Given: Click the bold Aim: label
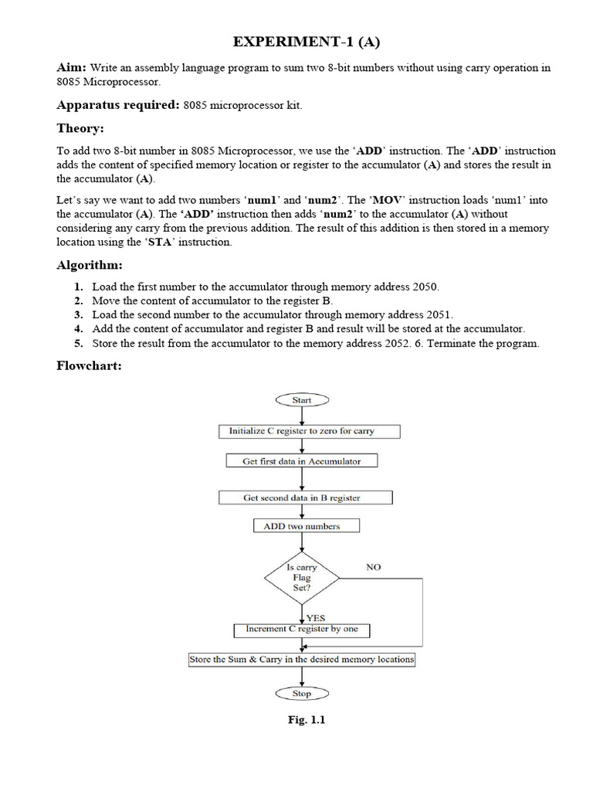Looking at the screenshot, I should (x=73, y=68).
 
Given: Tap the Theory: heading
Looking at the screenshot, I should (x=80, y=128).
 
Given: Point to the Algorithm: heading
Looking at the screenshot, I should (x=90, y=265).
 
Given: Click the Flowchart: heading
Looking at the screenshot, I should (x=90, y=365).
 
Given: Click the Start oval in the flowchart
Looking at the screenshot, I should (x=302, y=400).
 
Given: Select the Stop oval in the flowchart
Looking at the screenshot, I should (x=302, y=694).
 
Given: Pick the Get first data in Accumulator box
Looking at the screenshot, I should (x=302, y=461).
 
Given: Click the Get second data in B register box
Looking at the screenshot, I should (x=302, y=498).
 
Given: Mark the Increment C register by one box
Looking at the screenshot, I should (x=302, y=630).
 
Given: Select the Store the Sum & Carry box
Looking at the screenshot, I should (x=302, y=660).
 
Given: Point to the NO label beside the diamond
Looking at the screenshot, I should (x=373, y=567).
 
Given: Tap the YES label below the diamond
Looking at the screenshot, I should (x=316, y=618).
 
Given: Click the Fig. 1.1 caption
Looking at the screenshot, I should (x=307, y=721).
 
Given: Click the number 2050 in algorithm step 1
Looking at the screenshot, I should (x=425, y=287).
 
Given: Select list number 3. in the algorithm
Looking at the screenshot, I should (x=79, y=314).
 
